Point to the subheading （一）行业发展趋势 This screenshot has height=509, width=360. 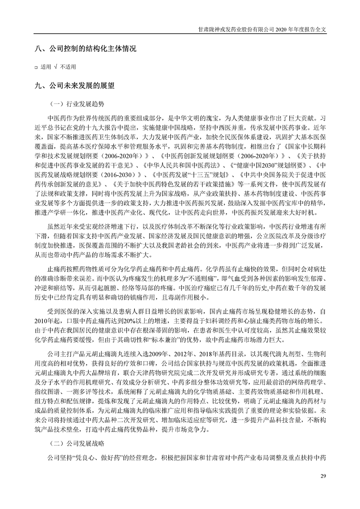coord(76,103)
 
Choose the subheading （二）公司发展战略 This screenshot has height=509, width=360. coord(76,444)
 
